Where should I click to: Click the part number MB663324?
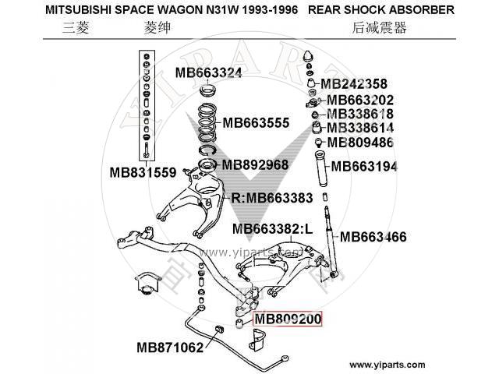point(208,74)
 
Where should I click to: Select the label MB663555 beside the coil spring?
point(257,123)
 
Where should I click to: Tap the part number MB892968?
point(255,164)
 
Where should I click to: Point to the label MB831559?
point(143,172)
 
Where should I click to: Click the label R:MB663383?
point(272,197)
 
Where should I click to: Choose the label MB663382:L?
point(272,229)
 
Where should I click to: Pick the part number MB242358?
point(354,84)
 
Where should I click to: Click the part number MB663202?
point(360,100)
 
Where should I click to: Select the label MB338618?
point(360,114)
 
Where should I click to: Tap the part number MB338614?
point(360,128)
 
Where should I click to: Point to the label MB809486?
point(360,142)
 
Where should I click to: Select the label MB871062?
point(170,347)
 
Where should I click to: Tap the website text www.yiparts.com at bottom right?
point(388,365)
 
